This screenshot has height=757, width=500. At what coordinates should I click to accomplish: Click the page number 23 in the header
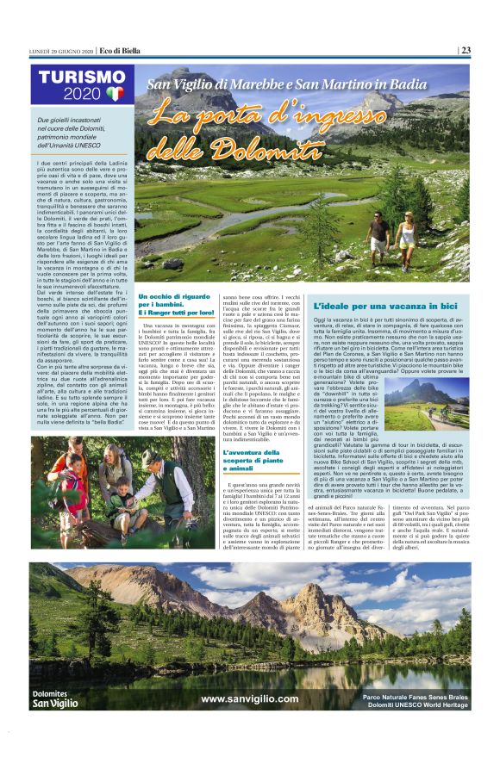[465, 50]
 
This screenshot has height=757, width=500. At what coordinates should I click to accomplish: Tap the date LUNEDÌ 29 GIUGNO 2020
[59, 50]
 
